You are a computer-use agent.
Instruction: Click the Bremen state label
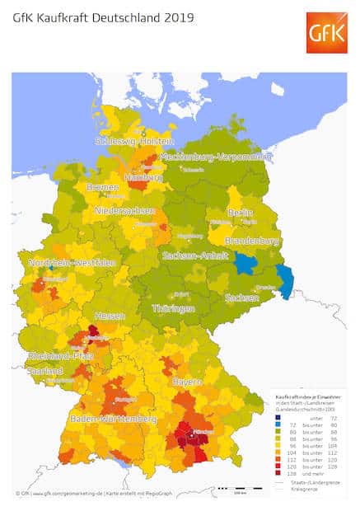click(103, 187)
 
